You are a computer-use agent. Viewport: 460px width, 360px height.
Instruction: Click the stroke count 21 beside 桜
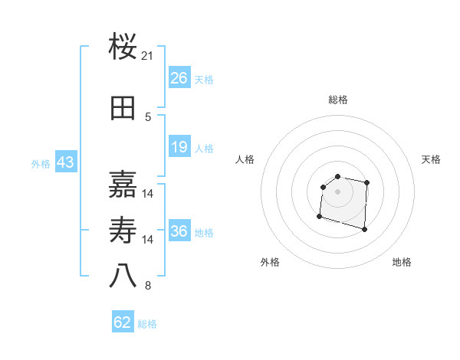coord(148,56)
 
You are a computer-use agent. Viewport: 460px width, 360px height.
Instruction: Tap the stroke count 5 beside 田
coord(148,117)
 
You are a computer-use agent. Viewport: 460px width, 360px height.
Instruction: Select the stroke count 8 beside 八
coord(148,286)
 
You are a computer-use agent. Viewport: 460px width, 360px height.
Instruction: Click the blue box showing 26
coord(179,78)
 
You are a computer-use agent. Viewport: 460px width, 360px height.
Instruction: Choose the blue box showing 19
coord(179,147)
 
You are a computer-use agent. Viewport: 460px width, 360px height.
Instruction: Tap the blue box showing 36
coord(179,231)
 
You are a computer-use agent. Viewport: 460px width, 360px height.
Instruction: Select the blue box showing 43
coord(65,162)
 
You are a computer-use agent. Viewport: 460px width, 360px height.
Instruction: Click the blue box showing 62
coord(123,322)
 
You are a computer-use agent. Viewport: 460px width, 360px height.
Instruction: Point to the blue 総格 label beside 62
coord(148,324)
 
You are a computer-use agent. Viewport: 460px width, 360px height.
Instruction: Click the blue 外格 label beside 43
coord(41,164)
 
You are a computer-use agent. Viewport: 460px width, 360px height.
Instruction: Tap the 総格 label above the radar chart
coord(338,100)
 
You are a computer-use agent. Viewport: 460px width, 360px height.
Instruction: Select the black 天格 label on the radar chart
coord(432,159)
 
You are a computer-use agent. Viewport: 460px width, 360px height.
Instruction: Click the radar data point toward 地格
coord(364,229)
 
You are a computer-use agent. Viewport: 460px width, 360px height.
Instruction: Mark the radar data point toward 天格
coord(367,182)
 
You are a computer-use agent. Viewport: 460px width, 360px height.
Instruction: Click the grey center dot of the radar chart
coord(338,191)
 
